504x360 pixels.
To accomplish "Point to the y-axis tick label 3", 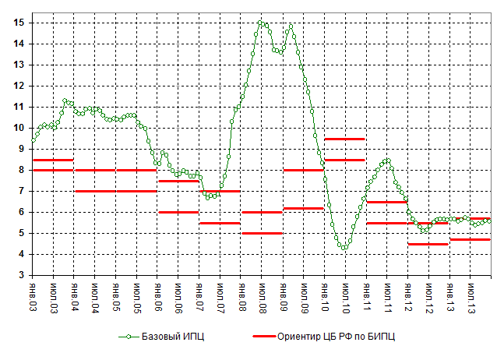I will click(21, 275).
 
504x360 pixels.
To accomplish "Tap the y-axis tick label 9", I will click(21, 149).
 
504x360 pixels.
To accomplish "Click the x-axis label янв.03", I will click(32, 296).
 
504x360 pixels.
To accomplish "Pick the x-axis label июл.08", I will click(263, 296).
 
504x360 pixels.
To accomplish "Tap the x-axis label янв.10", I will click(326, 296).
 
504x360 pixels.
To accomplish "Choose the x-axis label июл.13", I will click(472, 296).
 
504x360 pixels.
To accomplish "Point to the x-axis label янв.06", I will click(158, 296).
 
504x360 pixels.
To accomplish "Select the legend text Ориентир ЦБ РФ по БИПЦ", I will click(342, 337).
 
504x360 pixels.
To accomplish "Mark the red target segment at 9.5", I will click(345, 139).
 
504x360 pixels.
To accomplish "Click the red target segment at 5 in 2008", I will click(261, 233).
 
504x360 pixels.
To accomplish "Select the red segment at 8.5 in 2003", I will click(52, 160).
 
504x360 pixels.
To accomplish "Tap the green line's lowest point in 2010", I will click(343, 248).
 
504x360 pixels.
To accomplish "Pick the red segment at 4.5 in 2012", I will click(428, 244).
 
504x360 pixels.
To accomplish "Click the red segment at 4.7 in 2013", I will click(471, 239).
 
